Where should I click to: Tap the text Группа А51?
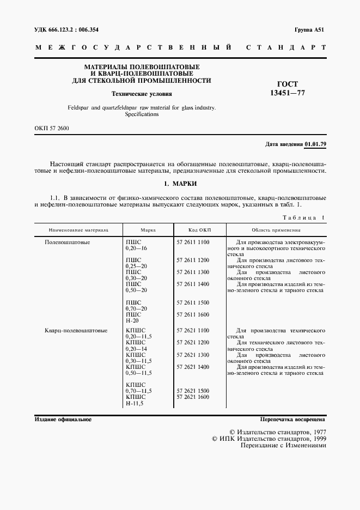coord(309,29)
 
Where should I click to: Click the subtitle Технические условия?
coord(142,93)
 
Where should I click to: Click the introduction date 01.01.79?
coord(315,144)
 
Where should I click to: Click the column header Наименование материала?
coord(78,230)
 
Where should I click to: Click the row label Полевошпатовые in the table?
coord(67,241)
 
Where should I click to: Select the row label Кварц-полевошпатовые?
coord(76,330)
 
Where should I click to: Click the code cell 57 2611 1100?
coord(193,241)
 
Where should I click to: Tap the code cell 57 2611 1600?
coord(193,314)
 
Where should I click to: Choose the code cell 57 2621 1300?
coord(193,355)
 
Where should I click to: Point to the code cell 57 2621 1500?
coord(193,391)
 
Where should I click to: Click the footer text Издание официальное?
coord(63,420)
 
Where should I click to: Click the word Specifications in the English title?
coord(142,115)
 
